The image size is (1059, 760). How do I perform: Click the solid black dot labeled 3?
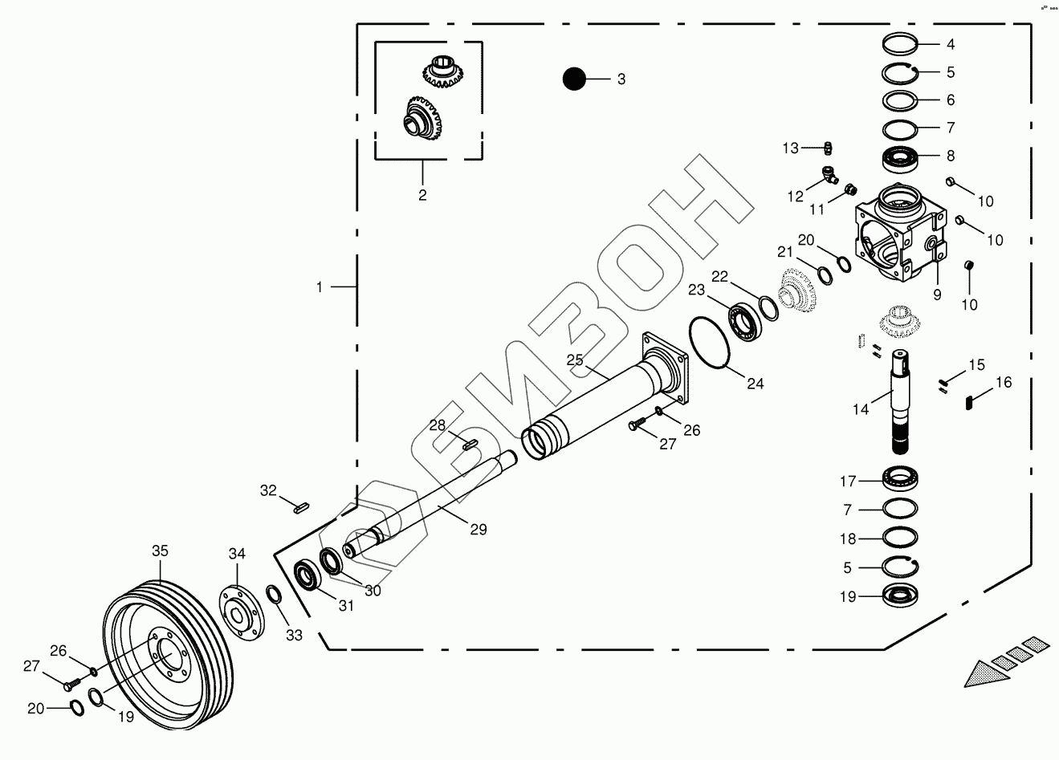[574, 79]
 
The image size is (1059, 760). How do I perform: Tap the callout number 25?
[574, 360]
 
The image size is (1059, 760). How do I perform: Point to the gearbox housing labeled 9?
[898, 234]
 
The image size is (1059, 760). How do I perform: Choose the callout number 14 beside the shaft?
[861, 409]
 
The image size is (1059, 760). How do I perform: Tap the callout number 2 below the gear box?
[422, 194]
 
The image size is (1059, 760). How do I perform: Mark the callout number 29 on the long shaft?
[479, 530]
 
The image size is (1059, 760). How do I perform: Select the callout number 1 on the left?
[319, 287]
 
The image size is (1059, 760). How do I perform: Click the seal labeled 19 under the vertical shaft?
[901, 596]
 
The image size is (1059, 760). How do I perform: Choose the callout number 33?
[294, 635]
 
